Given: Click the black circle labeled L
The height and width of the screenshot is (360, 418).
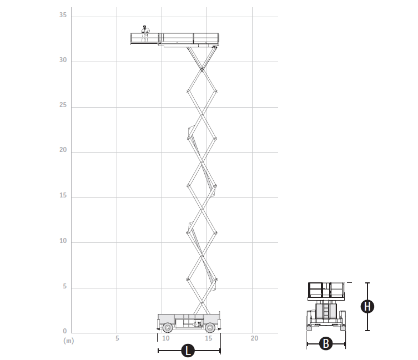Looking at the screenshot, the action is click(188, 351).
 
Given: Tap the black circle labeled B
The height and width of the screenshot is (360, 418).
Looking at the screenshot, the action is click(326, 343).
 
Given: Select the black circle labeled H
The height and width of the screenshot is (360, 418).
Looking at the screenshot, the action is click(367, 306).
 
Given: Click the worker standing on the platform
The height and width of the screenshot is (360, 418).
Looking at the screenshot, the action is click(145, 34).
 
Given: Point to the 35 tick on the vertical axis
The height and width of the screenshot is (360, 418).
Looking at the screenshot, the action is click(63, 15).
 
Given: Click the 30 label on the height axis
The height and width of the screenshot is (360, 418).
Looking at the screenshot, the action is click(63, 60).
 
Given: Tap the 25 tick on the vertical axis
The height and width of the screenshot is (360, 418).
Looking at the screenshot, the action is click(63, 105).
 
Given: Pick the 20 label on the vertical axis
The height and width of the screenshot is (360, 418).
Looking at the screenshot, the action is click(63, 150).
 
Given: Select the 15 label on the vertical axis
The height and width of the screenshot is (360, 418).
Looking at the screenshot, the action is click(63, 195).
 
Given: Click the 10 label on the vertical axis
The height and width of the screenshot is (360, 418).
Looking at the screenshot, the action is click(63, 241).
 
